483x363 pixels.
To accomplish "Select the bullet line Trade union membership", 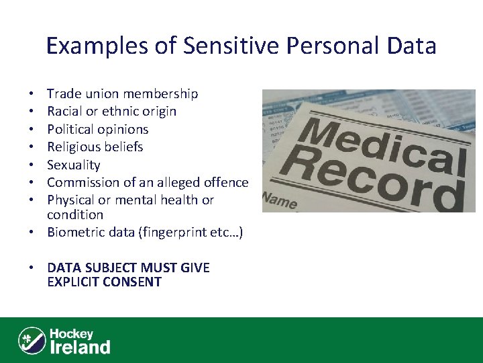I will click(x=122, y=93).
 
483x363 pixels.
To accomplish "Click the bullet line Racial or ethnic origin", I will click(x=111, y=111).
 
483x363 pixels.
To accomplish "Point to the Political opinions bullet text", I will click(x=97, y=129).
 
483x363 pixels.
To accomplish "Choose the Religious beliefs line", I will click(x=95, y=147).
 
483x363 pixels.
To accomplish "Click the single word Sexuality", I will click(x=73, y=165).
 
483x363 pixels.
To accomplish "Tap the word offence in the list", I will click(x=225, y=182).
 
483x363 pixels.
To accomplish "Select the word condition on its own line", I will click(x=75, y=215).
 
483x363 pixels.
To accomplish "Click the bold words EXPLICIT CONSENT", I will click(x=104, y=282).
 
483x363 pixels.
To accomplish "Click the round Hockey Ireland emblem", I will click(x=32, y=341).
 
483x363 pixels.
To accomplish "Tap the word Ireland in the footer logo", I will click(x=80, y=347).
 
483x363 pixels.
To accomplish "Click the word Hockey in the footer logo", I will click(x=71, y=333).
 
